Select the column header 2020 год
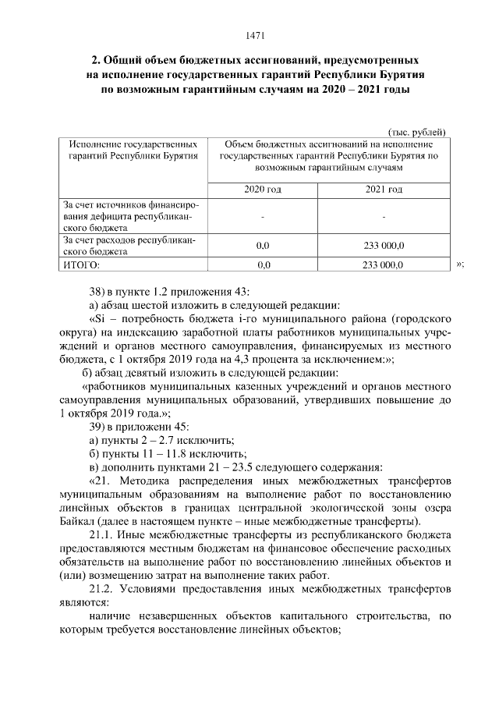point(263,190)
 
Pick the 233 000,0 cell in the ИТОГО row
point(384,265)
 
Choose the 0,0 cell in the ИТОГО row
point(263,265)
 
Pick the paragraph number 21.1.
point(101,537)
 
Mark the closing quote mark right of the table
point(460,264)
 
